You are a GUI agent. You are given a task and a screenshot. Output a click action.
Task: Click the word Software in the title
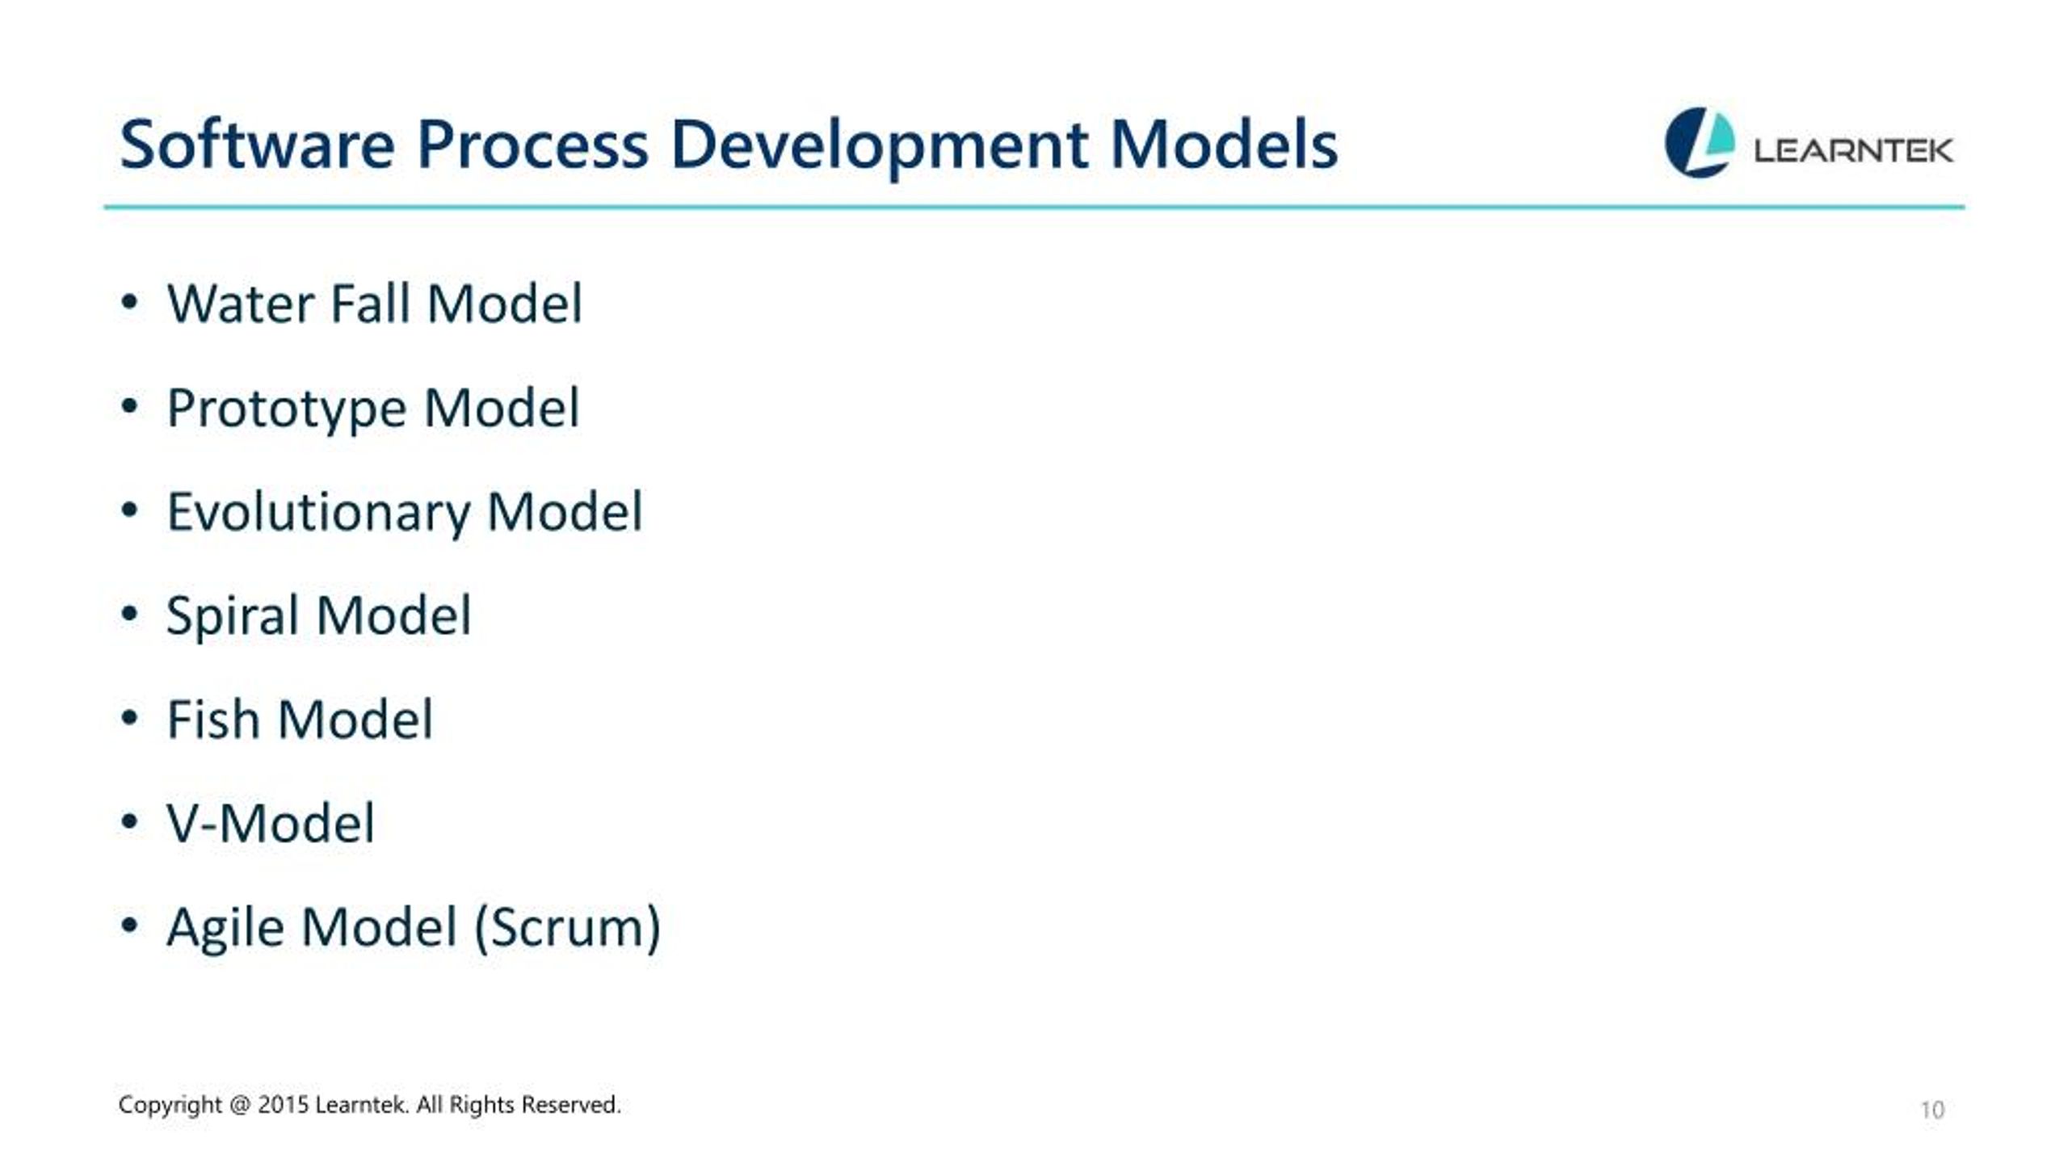[x=257, y=145]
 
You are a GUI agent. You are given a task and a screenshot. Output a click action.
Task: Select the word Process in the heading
[x=532, y=145]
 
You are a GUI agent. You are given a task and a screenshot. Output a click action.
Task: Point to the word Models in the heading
[x=1224, y=145]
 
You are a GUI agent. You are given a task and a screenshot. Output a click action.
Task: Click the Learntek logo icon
[x=1699, y=142]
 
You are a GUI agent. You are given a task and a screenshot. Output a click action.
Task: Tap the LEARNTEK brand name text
[x=1853, y=150]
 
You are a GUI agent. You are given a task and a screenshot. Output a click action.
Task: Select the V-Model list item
[x=271, y=824]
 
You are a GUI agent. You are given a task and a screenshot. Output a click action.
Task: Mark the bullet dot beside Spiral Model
[x=129, y=615]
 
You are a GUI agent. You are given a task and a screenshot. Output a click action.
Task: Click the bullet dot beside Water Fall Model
[x=129, y=303]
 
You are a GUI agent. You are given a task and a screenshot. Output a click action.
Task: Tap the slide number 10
[x=1932, y=1110]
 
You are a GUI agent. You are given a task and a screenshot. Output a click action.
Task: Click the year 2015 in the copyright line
[x=283, y=1105]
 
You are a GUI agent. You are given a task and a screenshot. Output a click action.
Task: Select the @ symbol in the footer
[x=240, y=1106]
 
